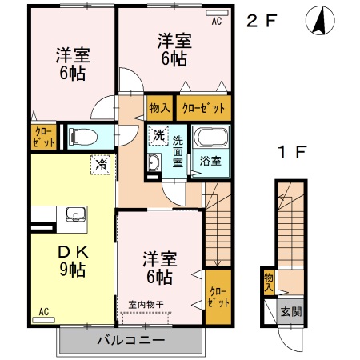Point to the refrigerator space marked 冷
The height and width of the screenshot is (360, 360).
tap(102, 163)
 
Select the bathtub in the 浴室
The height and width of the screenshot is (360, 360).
tap(211, 138)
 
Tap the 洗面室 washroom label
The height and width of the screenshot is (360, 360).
tap(178, 150)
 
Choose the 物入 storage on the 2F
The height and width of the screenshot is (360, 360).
tap(158, 108)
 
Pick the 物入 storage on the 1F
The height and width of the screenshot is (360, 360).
tap(268, 280)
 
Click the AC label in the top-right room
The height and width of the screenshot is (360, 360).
tap(216, 22)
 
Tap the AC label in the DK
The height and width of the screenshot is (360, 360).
tap(44, 312)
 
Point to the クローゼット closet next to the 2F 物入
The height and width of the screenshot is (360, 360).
tap(202, 108)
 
